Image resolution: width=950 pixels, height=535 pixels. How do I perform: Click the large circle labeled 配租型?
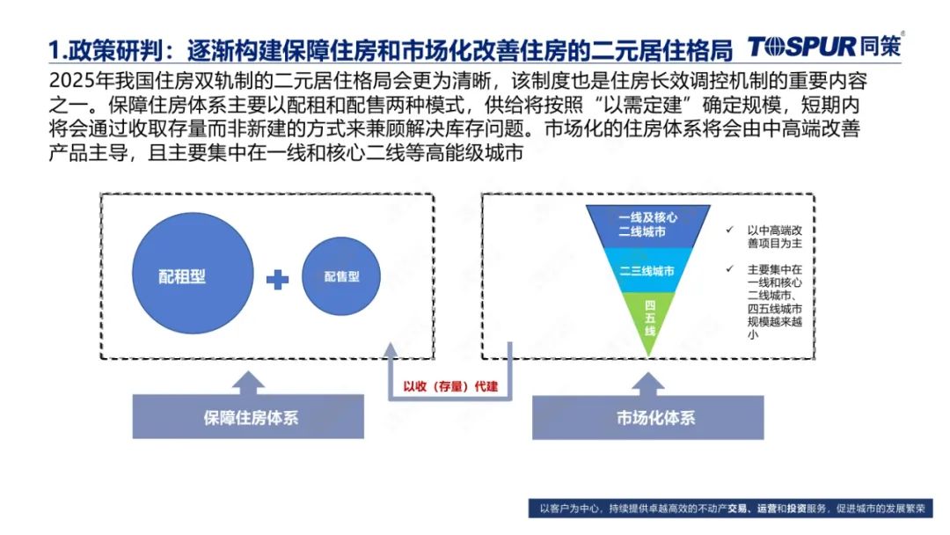coord(193,274)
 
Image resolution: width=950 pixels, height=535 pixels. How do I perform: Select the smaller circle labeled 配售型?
coord(341,276)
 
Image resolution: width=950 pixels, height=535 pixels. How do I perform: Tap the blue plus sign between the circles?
coord(277,279)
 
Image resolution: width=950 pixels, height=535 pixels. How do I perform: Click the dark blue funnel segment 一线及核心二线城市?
coord(647,225)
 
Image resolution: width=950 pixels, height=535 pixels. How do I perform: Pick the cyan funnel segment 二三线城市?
coord(647,269)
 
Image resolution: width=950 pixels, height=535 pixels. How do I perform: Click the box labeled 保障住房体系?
coord(248,417)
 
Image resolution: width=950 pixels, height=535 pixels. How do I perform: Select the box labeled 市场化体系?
coord(647,417)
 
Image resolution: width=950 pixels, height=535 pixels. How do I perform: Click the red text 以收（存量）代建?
coord(450,386)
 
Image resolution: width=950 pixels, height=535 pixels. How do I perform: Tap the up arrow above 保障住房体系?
coord(248,383)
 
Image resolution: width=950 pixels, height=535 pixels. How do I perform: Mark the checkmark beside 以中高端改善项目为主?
coord(729,230)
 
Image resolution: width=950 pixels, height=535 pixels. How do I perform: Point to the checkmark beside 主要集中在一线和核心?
coord(729,268)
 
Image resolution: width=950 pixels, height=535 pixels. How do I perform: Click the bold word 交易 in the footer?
coord(737,509)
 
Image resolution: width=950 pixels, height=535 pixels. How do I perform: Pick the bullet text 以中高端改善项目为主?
coord(774,237)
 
